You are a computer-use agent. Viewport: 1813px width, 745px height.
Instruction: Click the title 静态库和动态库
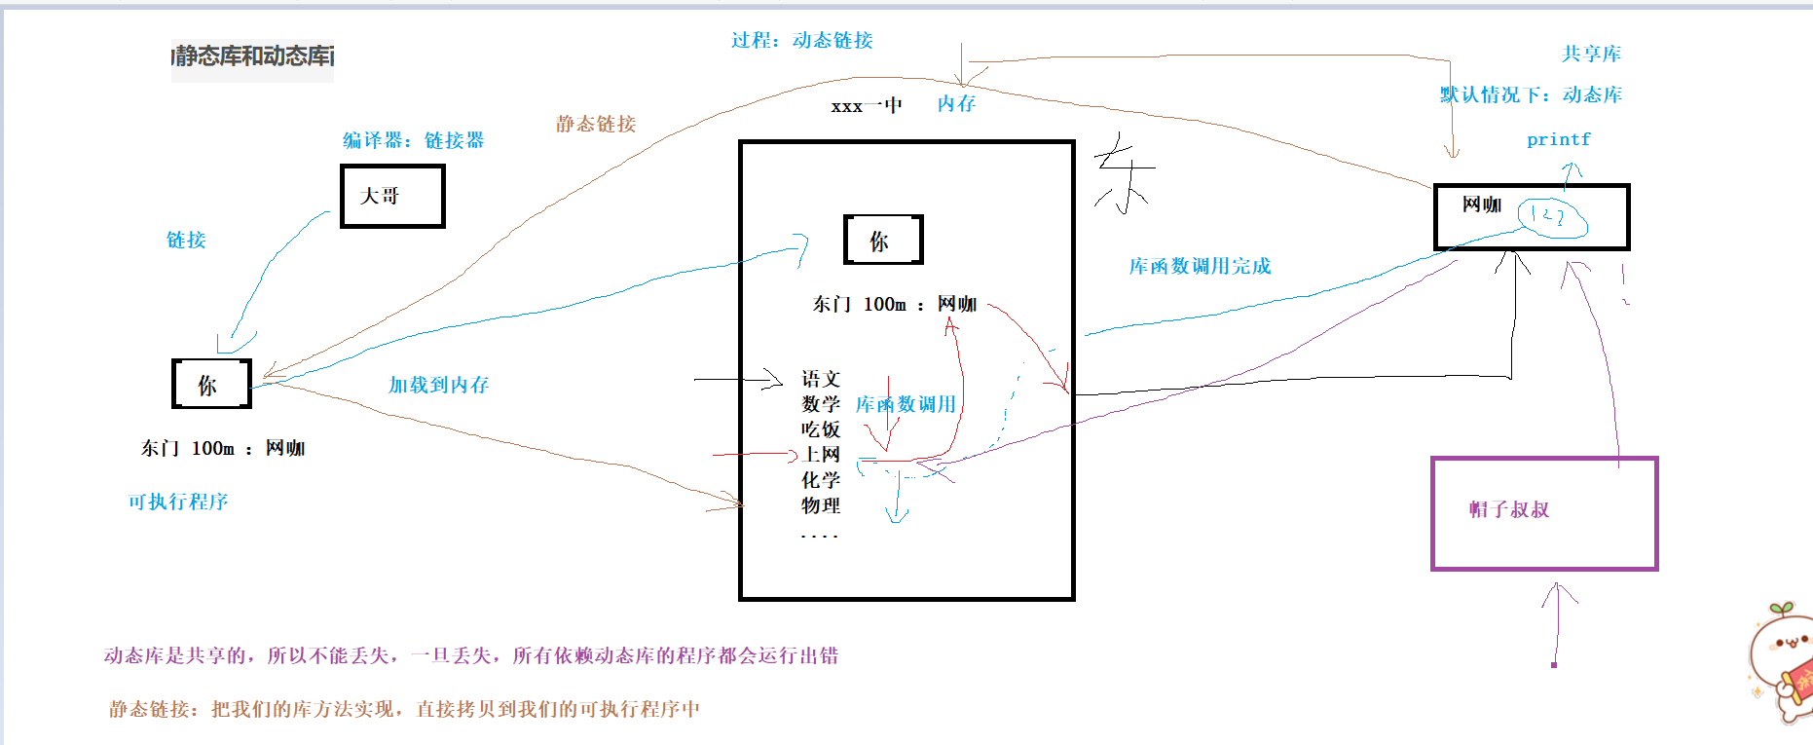pos(253,56)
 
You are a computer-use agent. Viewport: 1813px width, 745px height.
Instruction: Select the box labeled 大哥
pos(392,196)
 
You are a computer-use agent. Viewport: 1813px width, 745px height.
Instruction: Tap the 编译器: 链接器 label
pos(413,140)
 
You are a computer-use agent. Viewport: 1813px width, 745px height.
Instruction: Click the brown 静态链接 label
pos(596,124)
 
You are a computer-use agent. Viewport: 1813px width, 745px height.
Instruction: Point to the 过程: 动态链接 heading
pos(802,40)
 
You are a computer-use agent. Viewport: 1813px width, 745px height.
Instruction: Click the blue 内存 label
pos(956,103)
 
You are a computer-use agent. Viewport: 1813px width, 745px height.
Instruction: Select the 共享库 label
pos(1592,54)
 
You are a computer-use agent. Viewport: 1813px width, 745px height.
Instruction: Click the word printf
pos(1558,139)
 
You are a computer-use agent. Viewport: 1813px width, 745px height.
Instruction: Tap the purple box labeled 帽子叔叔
pos(1544,513)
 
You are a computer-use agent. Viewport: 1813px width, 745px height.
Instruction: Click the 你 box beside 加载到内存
pos(211,384)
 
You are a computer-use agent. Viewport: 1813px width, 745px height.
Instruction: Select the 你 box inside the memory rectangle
pos(882,240)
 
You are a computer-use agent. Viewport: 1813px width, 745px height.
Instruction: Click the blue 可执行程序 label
pos(178,502)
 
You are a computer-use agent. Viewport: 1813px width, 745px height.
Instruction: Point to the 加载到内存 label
pos(439,385)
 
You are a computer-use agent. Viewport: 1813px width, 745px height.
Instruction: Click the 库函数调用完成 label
pos(1200,266)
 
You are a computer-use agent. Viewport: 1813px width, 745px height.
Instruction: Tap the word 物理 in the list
pos(821,505)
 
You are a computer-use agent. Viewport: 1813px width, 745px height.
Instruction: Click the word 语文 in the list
pos(821,378)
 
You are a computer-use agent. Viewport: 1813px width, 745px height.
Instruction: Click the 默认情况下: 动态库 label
pos(1531,94)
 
